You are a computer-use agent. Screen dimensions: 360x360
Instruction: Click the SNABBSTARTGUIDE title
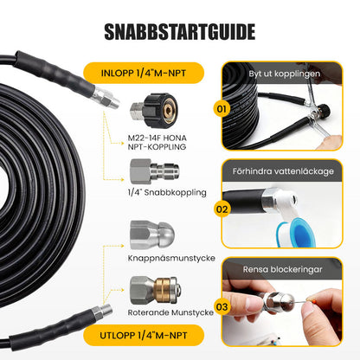179,31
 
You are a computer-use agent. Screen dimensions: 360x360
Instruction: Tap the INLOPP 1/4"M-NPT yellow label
144,73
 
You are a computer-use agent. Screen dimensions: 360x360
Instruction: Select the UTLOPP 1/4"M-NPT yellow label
144,335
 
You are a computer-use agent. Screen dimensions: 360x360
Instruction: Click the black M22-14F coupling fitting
154,111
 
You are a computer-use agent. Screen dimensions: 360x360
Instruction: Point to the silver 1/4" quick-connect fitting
154,171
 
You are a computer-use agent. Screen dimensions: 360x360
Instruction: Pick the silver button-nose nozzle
152,235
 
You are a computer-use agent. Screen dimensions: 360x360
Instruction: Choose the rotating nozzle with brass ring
156,291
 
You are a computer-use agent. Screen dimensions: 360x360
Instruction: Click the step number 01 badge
222,109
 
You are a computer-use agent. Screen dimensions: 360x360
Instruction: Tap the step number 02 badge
222,209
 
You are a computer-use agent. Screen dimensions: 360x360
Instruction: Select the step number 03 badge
222,306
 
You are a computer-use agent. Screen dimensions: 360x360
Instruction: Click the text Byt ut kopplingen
285,74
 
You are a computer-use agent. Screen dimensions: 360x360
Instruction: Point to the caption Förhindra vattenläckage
283,171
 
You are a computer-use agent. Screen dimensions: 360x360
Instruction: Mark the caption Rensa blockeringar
282,269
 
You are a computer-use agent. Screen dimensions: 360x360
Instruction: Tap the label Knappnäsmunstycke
171,258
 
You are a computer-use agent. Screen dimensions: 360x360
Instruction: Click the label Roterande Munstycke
170,312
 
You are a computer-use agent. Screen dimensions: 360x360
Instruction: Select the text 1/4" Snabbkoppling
167,192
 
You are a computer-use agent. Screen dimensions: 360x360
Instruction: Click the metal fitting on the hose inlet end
106,98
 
